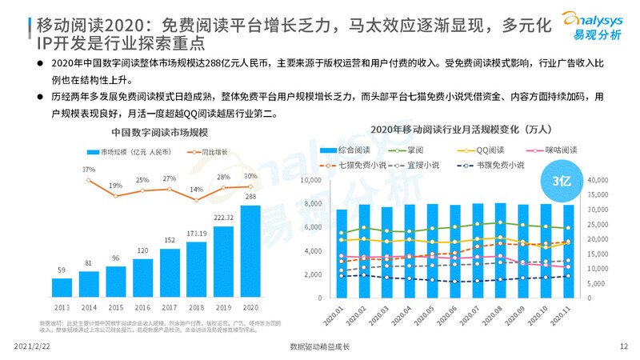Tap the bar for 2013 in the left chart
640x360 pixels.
point(62,286)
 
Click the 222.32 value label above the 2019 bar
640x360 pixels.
point(223,218)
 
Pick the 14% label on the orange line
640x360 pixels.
point(196,190)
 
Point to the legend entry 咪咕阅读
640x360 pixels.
point(553,150)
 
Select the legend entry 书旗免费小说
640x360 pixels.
point(498,165)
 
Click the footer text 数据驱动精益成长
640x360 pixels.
point(319,346)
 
